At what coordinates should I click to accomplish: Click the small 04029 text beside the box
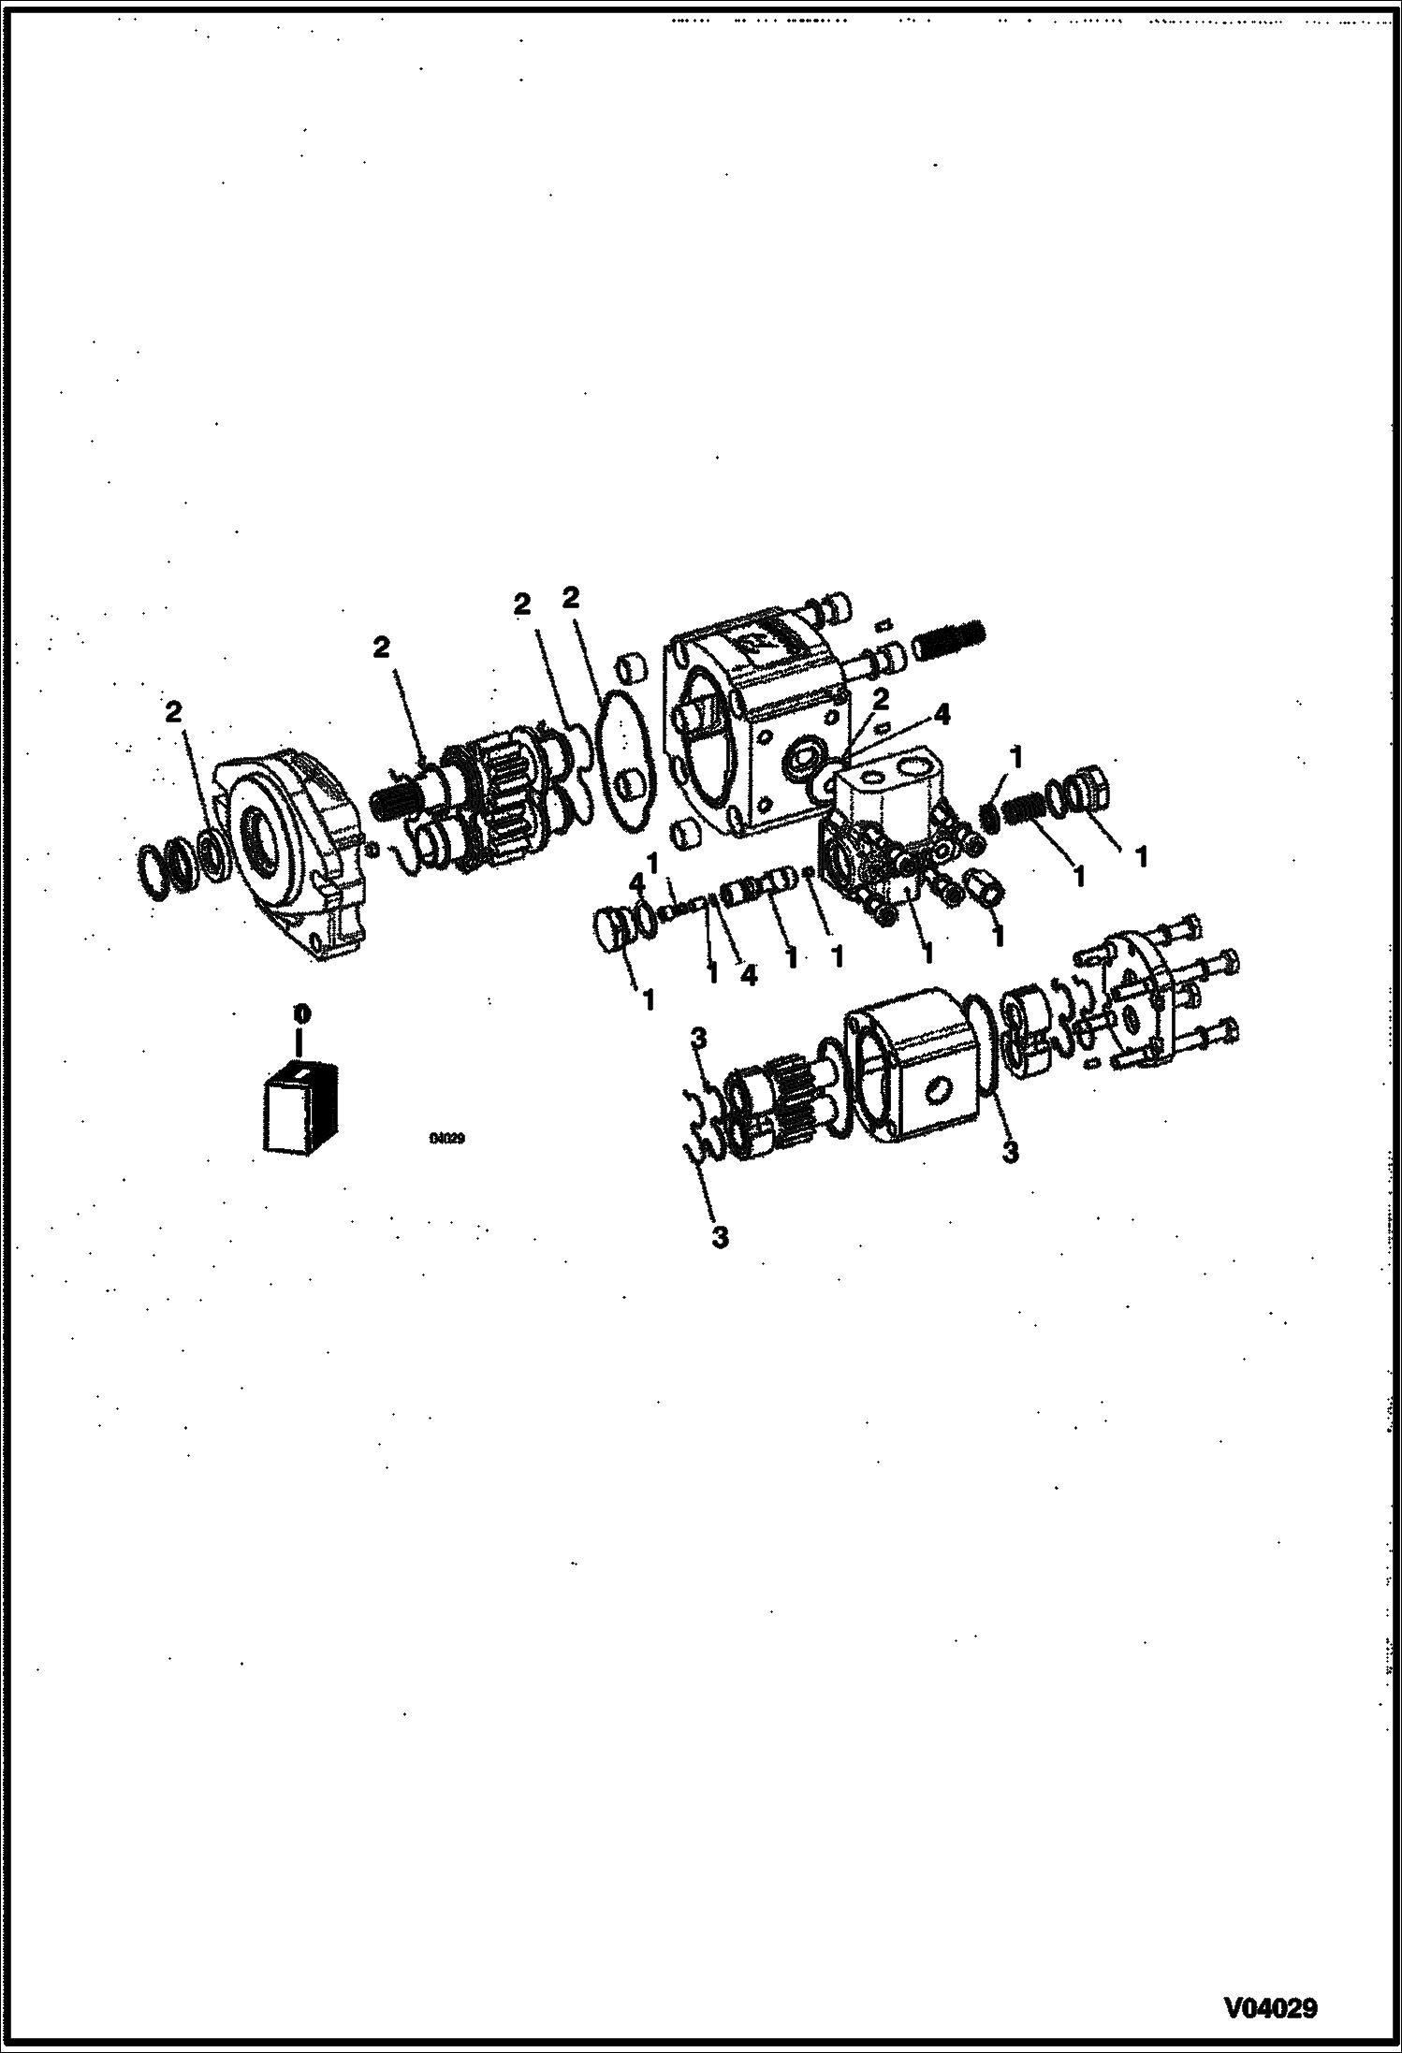[x=447, y=1139]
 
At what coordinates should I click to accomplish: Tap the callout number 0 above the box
[x=299, y=1013]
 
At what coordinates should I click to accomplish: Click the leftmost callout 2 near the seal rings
[x=172, y=712]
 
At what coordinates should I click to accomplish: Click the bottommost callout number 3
[x=719, y=1236]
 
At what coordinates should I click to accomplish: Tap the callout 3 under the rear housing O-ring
[x=1010, y=1152]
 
